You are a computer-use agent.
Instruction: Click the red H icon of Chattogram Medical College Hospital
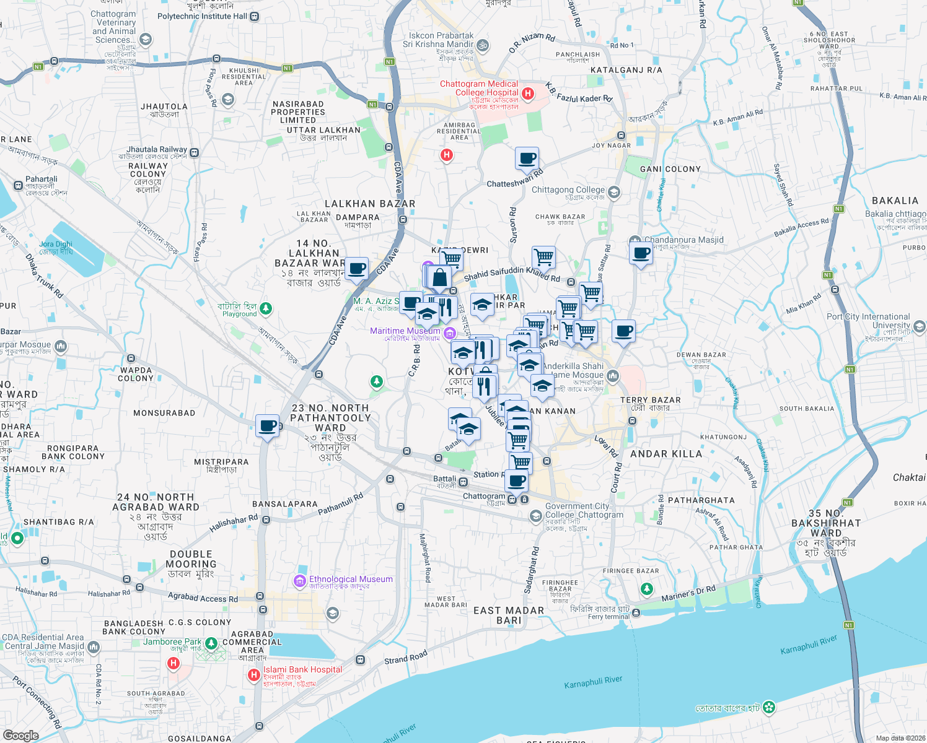(x=528, y=93)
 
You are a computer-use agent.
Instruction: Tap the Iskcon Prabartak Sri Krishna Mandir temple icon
(x=483, y=45)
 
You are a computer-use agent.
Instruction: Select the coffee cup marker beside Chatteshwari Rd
(x=527, y=159)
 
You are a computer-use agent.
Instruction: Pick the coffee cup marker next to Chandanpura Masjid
(x=641, y=253)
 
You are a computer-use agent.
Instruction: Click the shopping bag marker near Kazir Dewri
(x=439, y=277)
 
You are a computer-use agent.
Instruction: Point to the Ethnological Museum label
(x=351, y=580)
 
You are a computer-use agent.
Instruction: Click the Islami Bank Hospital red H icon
(x=253, y=675)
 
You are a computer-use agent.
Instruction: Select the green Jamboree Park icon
(x=211, y=644)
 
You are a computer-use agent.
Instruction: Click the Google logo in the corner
(x=20, y=735)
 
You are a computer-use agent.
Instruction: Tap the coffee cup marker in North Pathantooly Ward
(x=268, y=426)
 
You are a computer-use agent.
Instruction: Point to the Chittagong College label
(x=568, y=190)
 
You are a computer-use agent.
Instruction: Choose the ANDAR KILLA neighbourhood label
(x=666, y=454)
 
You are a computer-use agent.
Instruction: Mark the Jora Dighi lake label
(x=56, y=248)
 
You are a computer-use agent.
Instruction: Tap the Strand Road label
(x=406, y=657)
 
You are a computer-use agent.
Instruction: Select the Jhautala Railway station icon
(x=195, y=152)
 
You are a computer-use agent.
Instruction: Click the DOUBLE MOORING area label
(x=191, y=559)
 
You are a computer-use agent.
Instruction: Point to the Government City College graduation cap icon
(x=535, y=516)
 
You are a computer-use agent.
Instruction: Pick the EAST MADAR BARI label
(x=509, y=615)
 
